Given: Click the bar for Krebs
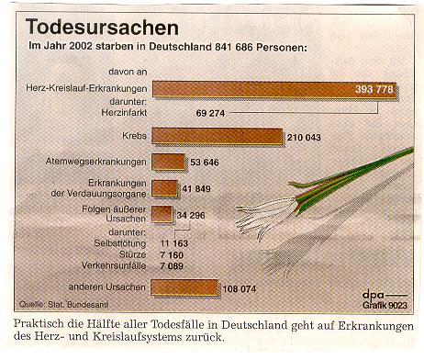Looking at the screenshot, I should pyautogui.click(x=217, y=136).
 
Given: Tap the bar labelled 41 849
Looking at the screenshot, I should pyautogui.click(x=164, y=188).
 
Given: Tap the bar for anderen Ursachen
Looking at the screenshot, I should pyautogui.click(x=184, y=287).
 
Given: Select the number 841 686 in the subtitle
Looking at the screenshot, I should pyautogui.click(x=242, y=46).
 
